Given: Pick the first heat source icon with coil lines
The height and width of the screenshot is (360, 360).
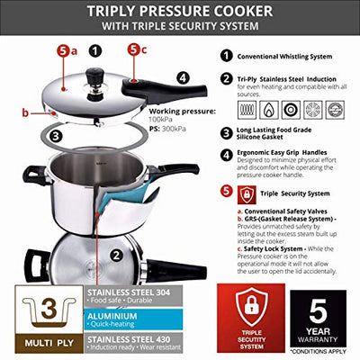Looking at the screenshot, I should pos(245,111).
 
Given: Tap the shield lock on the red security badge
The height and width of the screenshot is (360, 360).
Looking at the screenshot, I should pos(252,305).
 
